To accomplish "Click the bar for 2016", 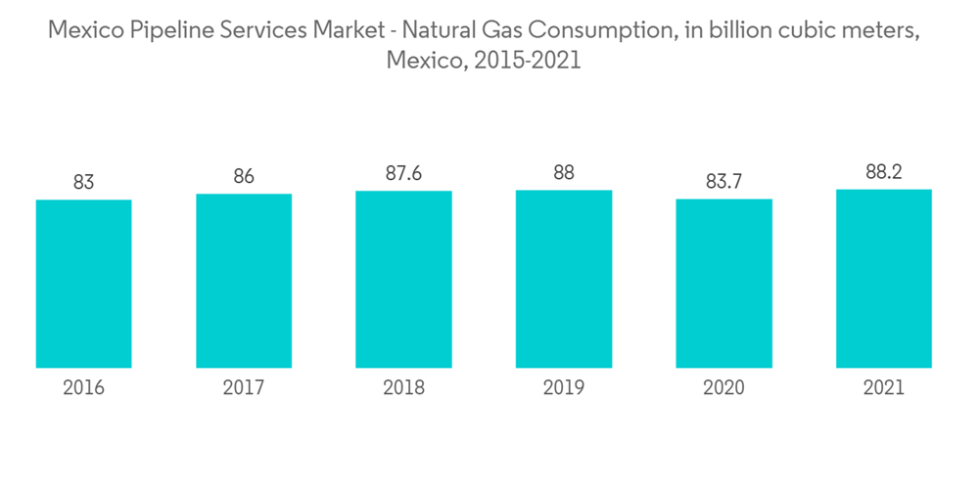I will pyautogui.click(x=83, y=284).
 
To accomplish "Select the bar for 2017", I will pyautogui.click(x=244, y=281).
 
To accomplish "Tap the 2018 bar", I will pyautogui.click(x=403, y=279).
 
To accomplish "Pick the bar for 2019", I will pyautogui.click(x=564, y=279).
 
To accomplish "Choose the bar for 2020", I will pyautogui.click(x=723, y=284).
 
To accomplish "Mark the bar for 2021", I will pyautogui.click(x=884, y=279).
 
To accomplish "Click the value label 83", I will pyautogui.click(x=83, y=182).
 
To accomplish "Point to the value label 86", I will pyautogui.click(x=244, y=176).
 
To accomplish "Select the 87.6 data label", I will pyautogui.click(x=403, y=173).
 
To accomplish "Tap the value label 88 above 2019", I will pyautogui.click(x=564, y=173).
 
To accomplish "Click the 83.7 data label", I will pyautogui.click(x=723, y=181).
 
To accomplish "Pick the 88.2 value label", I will pyautogui.click(x=884, y=172).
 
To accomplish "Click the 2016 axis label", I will pyautogui.click(x=83, y=388).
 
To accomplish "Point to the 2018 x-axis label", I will pyautogui.click(x=403, y=388).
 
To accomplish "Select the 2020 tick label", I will pyautogui.click(x=723, y=388).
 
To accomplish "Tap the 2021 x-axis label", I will pyautogui.click(x=884, y=388).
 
